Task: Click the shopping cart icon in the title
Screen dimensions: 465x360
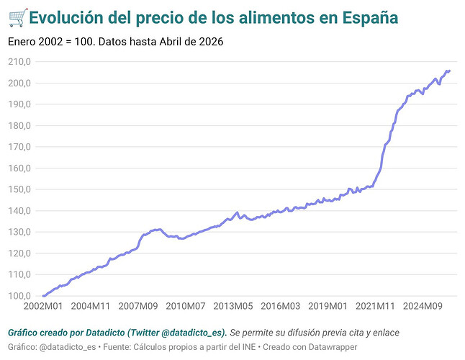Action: point(18,18)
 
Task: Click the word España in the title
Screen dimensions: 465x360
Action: point(370,18)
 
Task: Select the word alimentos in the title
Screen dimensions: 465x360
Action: point(276,17)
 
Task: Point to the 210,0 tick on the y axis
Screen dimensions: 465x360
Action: point(19,62)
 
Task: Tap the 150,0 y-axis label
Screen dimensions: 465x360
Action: point(19,189)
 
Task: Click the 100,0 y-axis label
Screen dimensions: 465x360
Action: point(19,296)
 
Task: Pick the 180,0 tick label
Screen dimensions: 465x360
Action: point(19,125)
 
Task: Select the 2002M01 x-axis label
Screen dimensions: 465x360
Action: point(43,306)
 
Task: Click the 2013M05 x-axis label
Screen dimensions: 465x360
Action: point(233,306)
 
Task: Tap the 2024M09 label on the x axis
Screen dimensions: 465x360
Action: point(423,306)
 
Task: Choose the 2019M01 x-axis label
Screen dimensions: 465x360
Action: point(328,306)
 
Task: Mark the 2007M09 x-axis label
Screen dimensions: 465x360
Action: point(138,306)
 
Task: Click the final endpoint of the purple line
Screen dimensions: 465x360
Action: point(450,71)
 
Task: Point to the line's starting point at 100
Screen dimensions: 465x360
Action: point(44,296)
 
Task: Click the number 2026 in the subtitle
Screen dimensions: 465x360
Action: point(211,42)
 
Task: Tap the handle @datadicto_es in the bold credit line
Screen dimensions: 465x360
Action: point(192,333)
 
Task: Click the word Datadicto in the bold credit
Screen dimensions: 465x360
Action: point(105,333)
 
